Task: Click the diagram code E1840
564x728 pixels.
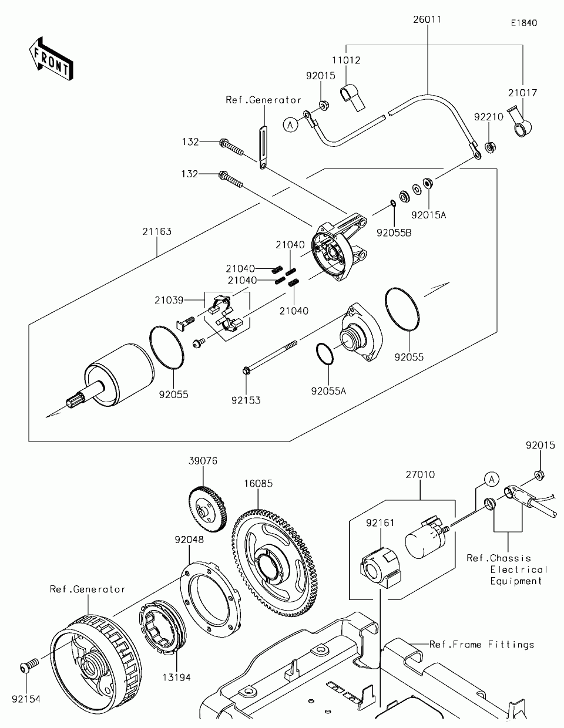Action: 524,23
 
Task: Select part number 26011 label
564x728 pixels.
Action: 427,20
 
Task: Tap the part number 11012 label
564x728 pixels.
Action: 346,60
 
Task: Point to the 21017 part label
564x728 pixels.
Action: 522,93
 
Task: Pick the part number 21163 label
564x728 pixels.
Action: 157,231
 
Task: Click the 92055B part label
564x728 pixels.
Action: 394,233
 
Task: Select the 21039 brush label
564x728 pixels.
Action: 169,300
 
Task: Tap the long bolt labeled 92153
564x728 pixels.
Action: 270,357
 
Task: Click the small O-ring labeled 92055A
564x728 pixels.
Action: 325,353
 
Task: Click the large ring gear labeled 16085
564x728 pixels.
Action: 274,563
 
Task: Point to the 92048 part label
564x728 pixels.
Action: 189,540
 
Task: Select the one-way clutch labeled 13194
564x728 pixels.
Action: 162,626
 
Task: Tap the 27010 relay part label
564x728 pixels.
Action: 420,475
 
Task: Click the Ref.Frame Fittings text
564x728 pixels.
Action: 482,644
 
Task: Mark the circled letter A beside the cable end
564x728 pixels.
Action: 290,125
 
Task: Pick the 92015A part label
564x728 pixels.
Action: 429,215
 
